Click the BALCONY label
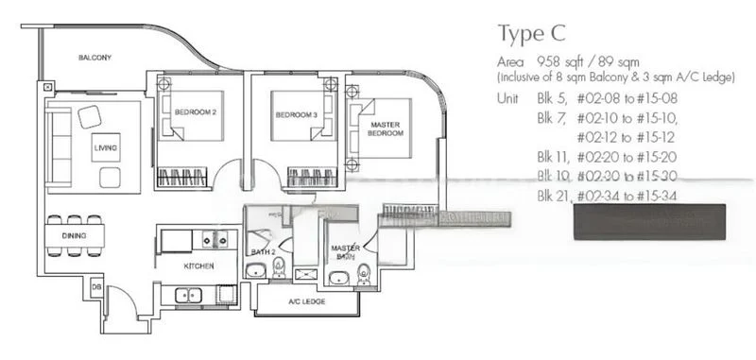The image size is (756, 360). [94, 58]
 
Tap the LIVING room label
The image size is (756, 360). [105, 148]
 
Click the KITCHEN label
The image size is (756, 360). [198, 266]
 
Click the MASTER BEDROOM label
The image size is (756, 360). [386, 129]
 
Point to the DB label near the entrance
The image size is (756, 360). [96, 286]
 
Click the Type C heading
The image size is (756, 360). [531, 34]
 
